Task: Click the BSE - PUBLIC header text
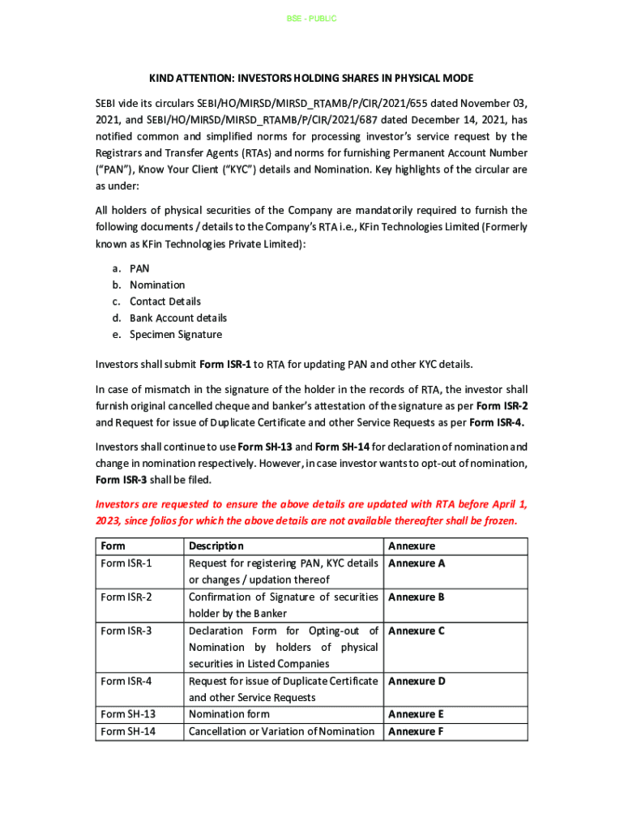pyautogui.click(x=311, y=19)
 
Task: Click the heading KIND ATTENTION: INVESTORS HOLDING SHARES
pyautogui.click(x=311, y=79)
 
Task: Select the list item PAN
pyautogui.click(x=139, y=268)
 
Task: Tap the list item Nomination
pyautogui.click(x=157, y=285)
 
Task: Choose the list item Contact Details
pyautogui.click(x=165, y=302)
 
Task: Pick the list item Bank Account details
pyautogui.click(x=178, y=318)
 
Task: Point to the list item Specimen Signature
pyautogui.click(x=176, y=335)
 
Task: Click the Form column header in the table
pyautogui.click(x=113, y=546)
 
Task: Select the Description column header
pyautogui.click(x=216, y=546)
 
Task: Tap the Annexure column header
pyautogui.click(x=412, y=546)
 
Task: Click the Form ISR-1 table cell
pyautogui.click(x=126, y=563)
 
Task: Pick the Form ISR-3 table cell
pyautogui.click(x=126, y=631)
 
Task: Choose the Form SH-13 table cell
pyautogui.click(x=128, y=714)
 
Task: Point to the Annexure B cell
pyautogui.click(x=417, y=597)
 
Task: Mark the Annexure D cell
pyautogui.click(x=417, y=681)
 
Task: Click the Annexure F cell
pyautogui.click(x=417, y=731)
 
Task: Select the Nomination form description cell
pyautogui.click(x=229, y=714)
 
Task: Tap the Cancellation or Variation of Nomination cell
pyautogui.click(x=281, y=731)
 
